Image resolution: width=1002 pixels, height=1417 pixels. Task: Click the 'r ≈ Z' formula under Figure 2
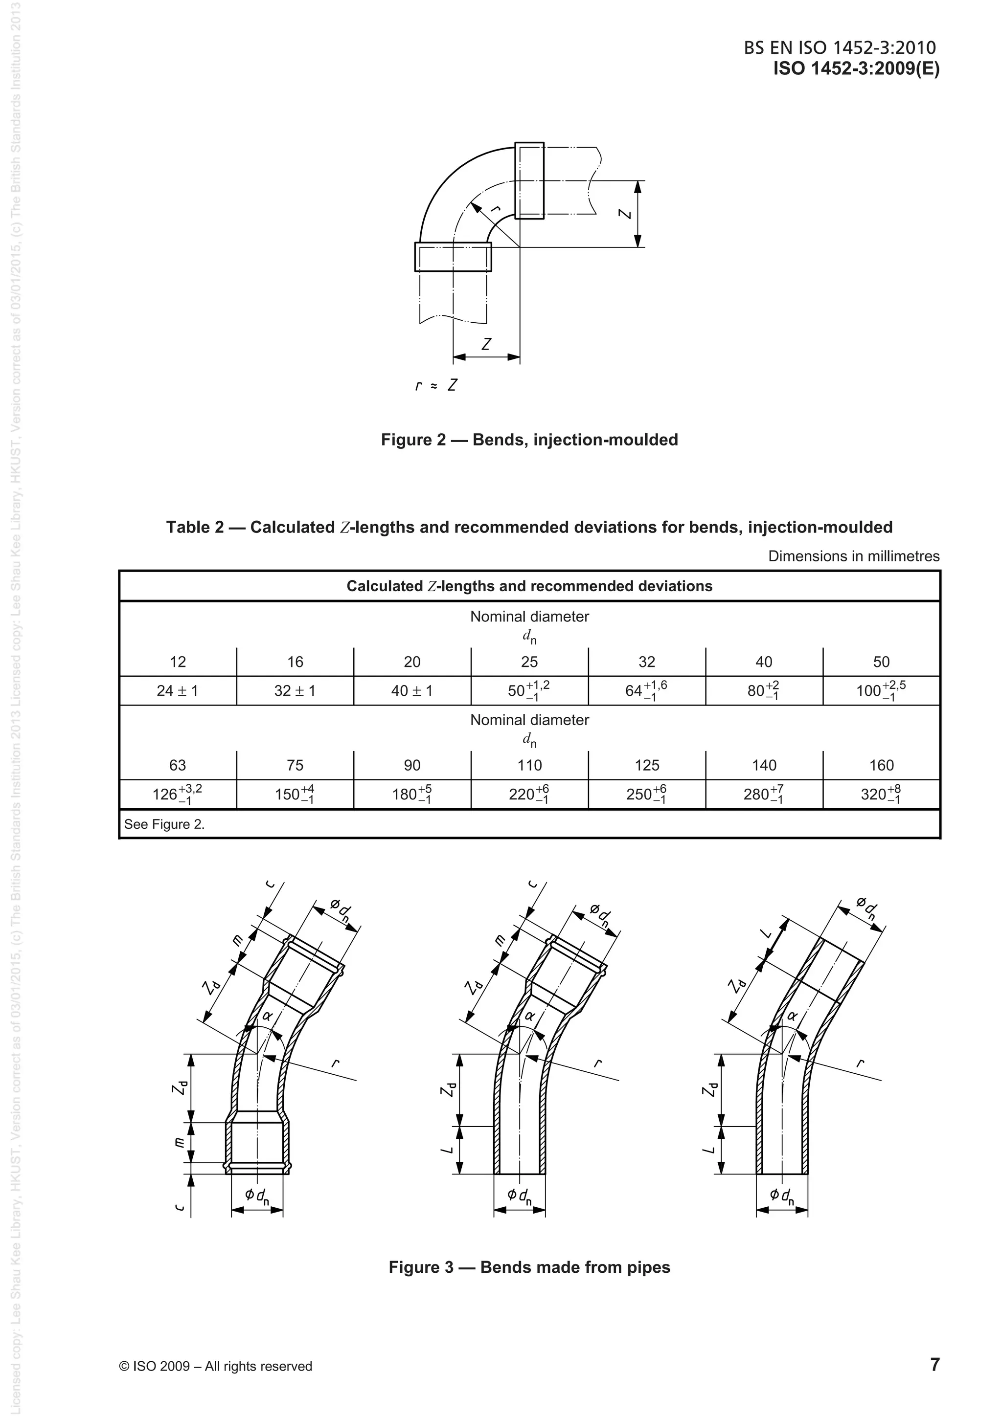(x=436, y=386)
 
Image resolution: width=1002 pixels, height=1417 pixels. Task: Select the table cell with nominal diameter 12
(x=178, y=662)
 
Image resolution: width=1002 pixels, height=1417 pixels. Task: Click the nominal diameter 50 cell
(x=881, y=662)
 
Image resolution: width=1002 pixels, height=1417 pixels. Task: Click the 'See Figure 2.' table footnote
(x=164, y=824)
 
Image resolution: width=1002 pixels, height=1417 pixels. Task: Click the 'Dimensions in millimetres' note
(x=853, y=556)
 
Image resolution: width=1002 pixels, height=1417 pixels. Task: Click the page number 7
(x=934, y=1365)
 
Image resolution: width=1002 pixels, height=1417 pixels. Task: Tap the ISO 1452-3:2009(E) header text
(x=856, y=68)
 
